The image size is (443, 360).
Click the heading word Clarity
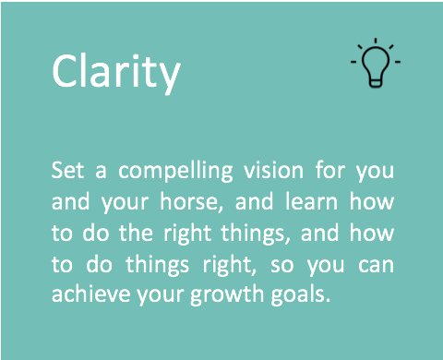pyautogui.click(x=116, y=73)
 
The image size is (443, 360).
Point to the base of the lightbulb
pyautogui.click(x=376, y=83)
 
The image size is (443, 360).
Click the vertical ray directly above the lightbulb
pyautogui.click(x=376, y=42)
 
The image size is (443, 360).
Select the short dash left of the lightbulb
pyautogui.click(x=353, y=62)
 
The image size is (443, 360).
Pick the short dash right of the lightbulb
pyautogui.click(x=398, y=62)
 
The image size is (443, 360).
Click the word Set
pyautogui.click(x=67, y=170)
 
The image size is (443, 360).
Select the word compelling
pyautogui.click(x=175, y=172)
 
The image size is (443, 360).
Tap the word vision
pyautogui.click(x=274, y=170)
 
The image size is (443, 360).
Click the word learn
pyautogui.click(x=311, y=202)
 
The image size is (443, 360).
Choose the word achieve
pyautogui.click(x=91, y=294)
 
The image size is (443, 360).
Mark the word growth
pyautogui.click(x=227, y=296)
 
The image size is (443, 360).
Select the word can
pyautogui.click(x=376, y=266)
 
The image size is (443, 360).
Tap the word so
pyautogui.click(x=282, y=266)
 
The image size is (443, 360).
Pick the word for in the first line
pyautogui.click(x=330, y=170)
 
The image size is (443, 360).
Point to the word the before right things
pyautogui.click(x=136, y=233)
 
